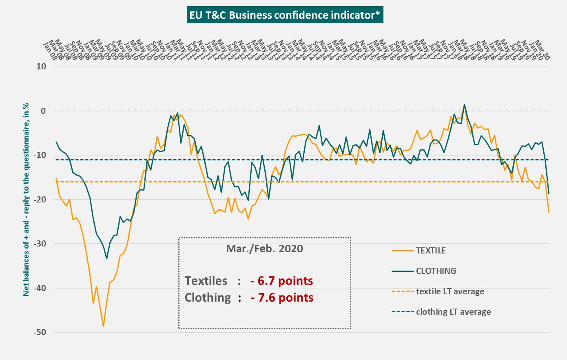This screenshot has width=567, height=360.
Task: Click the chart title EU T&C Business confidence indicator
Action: click(285, 15)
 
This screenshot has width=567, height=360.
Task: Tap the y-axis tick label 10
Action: click(41, 67)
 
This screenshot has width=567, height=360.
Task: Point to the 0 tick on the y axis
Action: click(43, 111)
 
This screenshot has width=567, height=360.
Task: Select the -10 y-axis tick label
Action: click(40, 156)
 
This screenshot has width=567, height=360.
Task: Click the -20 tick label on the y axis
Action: click(40, 200)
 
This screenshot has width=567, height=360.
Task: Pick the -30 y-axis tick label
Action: click(40, 244)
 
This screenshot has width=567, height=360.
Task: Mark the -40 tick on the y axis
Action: click(40, 288)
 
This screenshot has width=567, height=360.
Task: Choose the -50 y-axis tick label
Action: click(40, 333)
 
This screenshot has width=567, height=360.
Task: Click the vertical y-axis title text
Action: click(26, 199)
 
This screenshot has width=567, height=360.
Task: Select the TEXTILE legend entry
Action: click(430, 251)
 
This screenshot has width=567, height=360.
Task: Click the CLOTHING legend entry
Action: click(436, 271)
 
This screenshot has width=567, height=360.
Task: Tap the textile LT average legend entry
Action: click(450, 291)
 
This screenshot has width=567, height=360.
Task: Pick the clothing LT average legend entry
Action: click(453, 312)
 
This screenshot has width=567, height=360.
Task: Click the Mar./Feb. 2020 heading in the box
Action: click(264, 249)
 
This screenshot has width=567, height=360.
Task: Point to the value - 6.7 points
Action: click(282, 281)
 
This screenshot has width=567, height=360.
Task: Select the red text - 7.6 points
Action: click(282, 298)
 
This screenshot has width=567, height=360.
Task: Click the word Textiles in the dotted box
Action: click(206, 281)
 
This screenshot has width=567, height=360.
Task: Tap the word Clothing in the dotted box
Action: click(208, 298)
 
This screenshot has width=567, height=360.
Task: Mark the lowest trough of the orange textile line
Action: click(103, 326)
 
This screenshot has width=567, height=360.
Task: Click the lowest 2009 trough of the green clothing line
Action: click(107, 258)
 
